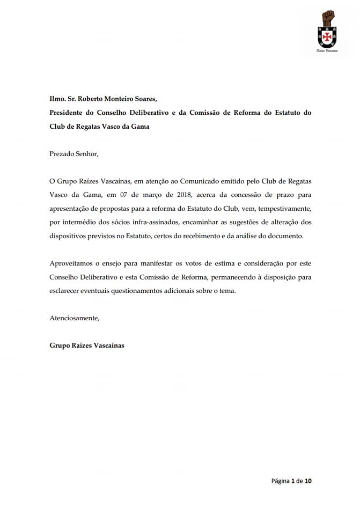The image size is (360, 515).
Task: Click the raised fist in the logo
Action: [328, 18]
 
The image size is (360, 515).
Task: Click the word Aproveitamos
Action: [72, 263]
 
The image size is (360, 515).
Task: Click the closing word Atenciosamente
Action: [74, 318]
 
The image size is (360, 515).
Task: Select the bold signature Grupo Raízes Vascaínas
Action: [86, 345]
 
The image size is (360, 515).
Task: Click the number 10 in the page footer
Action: [307, 481]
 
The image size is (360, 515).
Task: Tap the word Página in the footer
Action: [280, 481]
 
